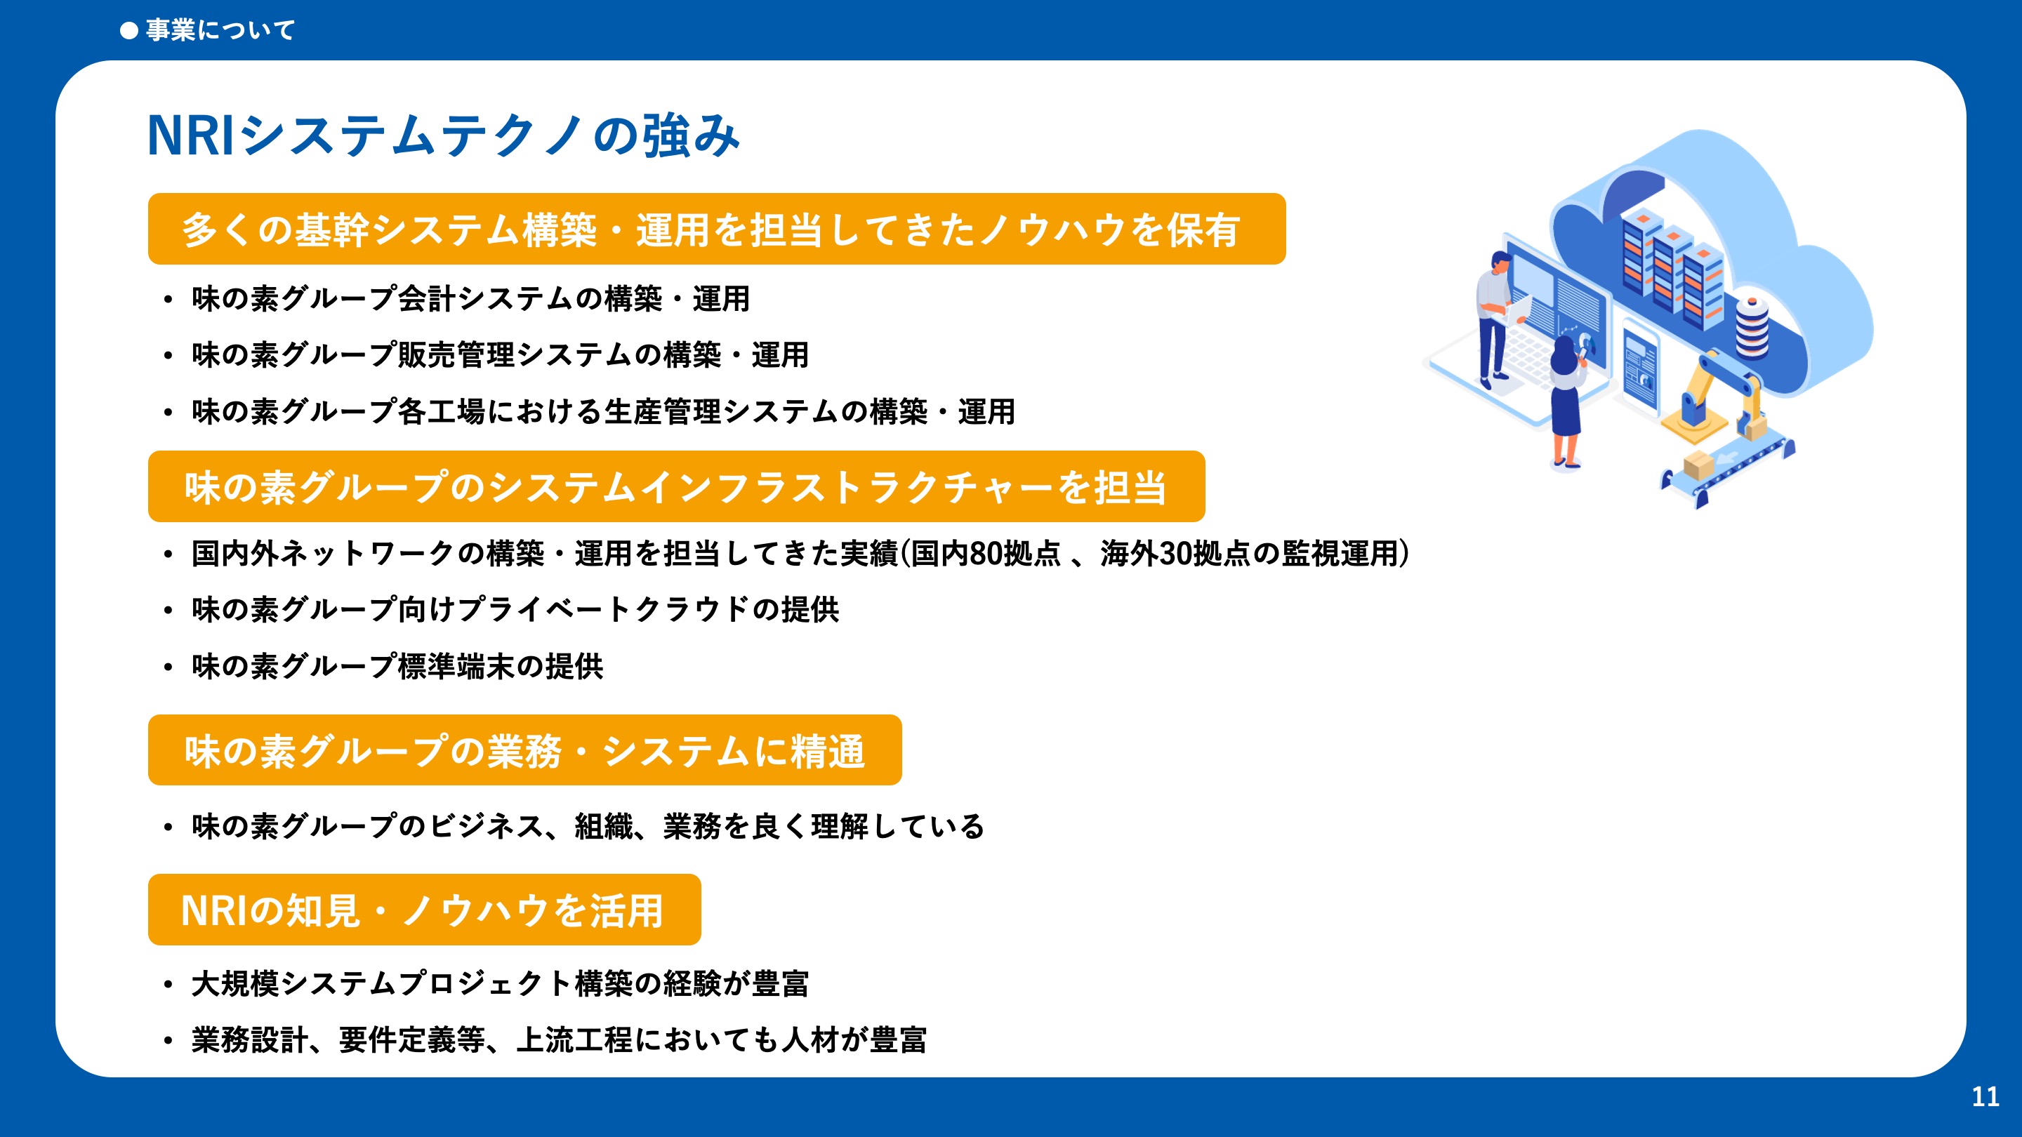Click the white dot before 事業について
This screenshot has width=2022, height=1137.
(x=128, y=31)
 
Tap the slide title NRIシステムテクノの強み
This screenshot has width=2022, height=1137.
(x=444, y=135)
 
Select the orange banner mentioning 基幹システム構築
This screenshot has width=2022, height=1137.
(x=717, y=229)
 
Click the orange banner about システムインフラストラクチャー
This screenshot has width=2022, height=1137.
(x=677, y=486)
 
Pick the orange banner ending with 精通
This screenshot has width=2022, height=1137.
(x=525, y=750)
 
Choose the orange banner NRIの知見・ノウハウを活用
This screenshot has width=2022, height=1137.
(x=425, y=910)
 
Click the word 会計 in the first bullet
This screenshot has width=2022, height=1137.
(x=427, y=299)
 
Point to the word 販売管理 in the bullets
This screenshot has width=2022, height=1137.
(x=457, y=355)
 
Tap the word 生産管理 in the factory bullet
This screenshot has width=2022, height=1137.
(x=663, y=412)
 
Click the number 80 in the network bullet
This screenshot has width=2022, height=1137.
(x=986, y=554)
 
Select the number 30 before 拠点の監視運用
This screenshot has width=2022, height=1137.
(x=1176, y=554)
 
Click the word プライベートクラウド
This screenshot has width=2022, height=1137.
(x=603, y=610)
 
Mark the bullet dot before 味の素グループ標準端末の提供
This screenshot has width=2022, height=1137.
(x=168, y=667)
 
